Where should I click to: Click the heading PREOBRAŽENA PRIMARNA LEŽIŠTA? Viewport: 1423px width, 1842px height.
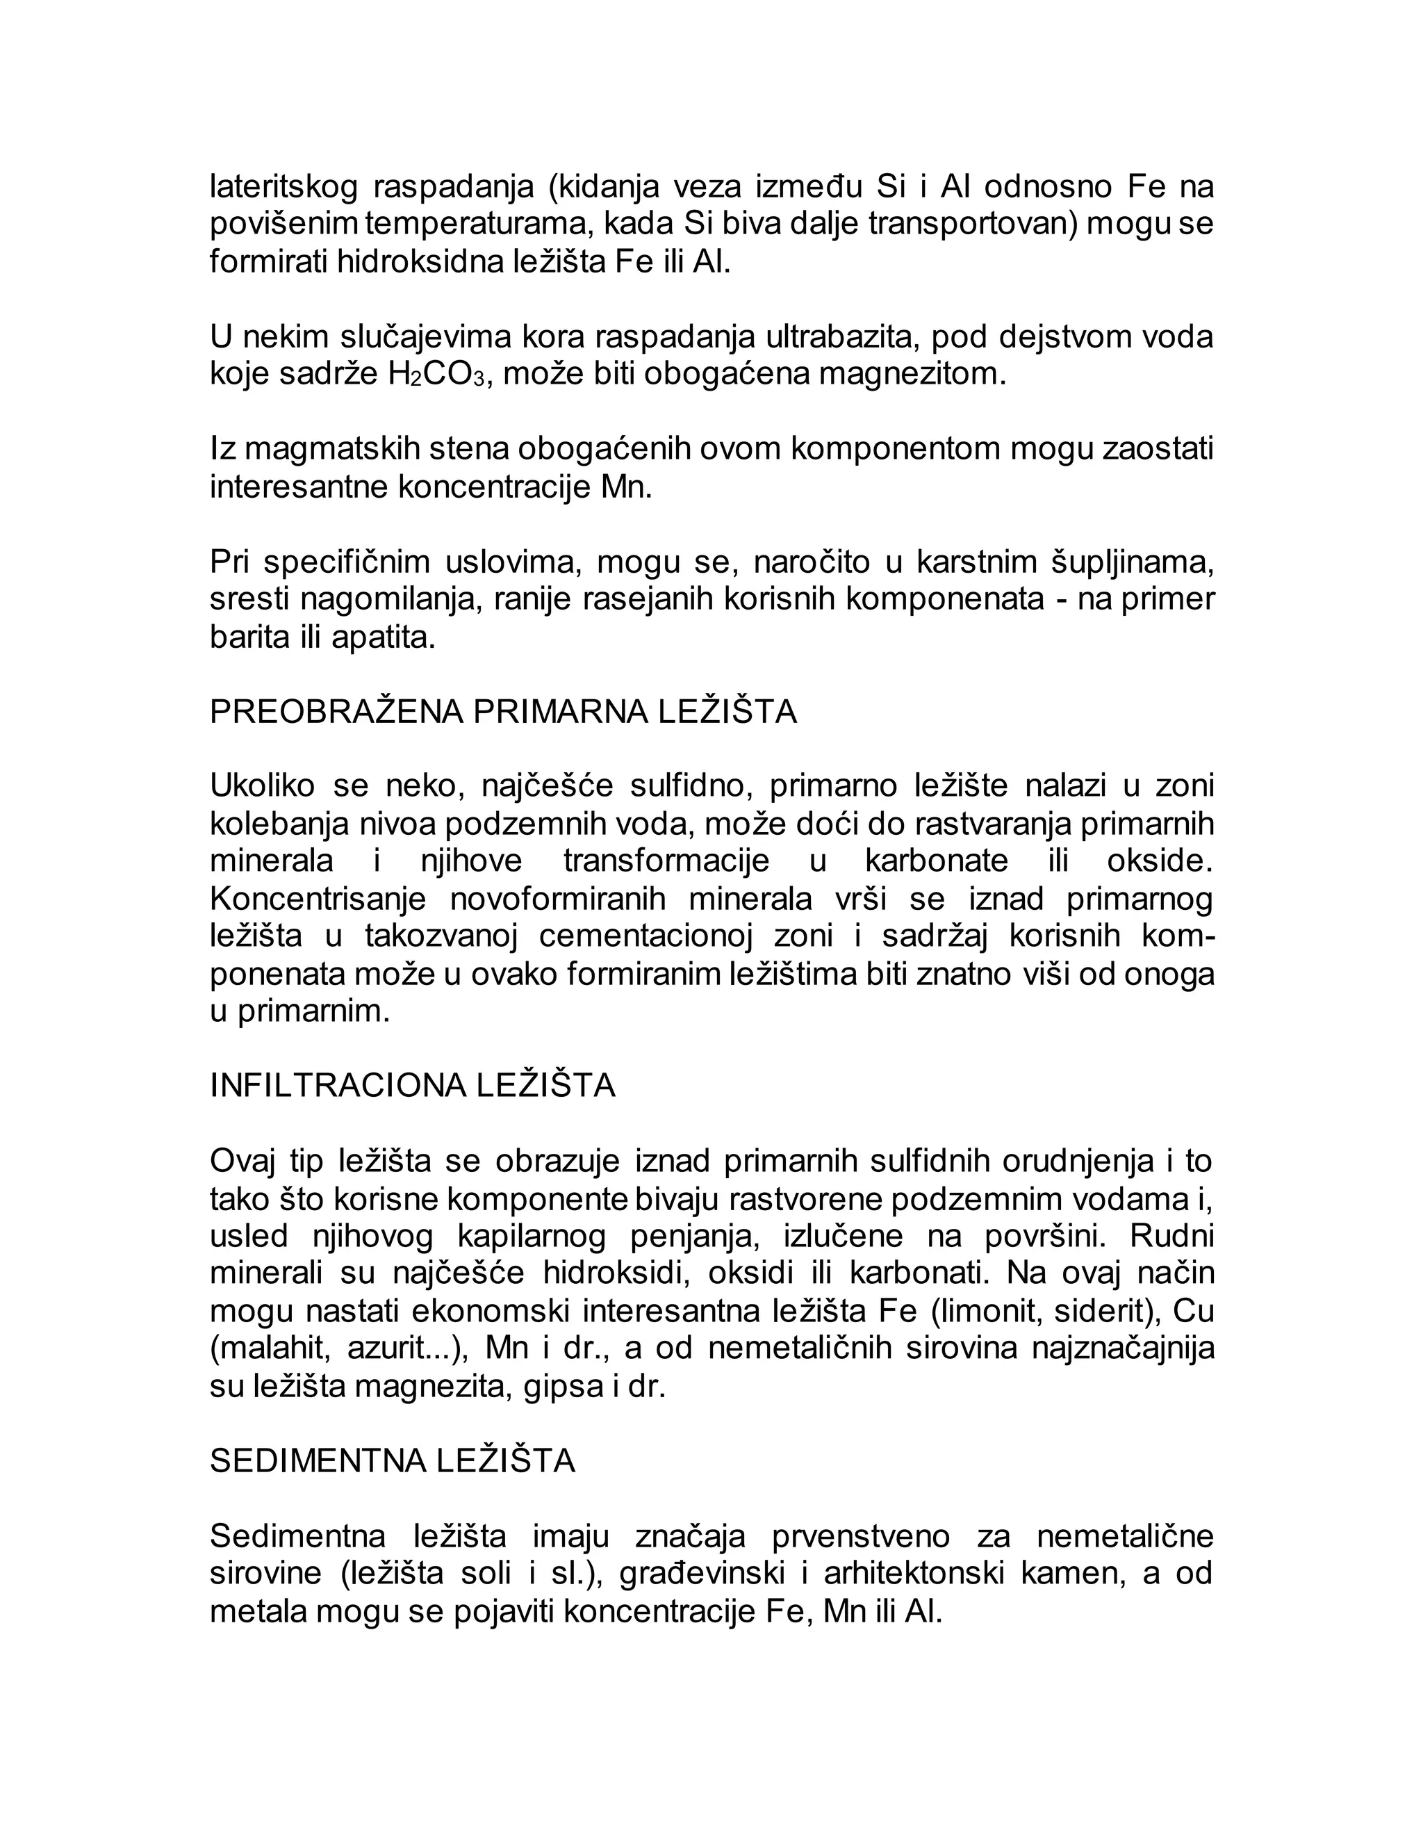tap(503, 712)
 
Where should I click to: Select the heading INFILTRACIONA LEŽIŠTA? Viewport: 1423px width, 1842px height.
tap(412, 1086)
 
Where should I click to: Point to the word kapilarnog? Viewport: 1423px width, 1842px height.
tap(531, 1237)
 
